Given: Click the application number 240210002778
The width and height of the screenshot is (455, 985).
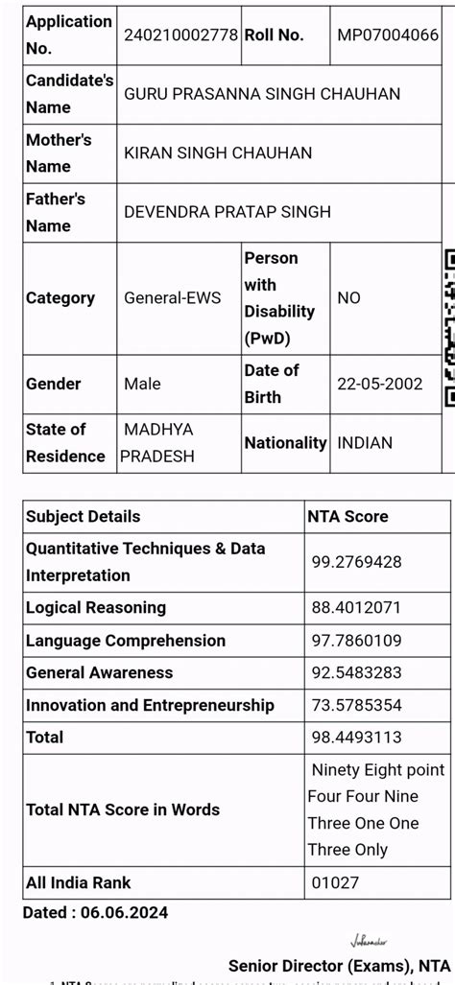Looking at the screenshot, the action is [180, 34].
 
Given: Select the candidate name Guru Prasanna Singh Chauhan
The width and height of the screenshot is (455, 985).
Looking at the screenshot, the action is [262, 94].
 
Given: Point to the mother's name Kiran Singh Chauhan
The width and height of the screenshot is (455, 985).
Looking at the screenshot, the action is [218, 153].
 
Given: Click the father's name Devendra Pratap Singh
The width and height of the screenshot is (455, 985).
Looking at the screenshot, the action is [227, 212].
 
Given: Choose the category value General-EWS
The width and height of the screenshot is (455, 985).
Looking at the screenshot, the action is [172, 298].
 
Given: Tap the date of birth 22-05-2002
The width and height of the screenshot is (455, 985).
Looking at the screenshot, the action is [380, 384].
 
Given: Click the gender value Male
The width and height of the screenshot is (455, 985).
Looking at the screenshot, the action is [143, 384].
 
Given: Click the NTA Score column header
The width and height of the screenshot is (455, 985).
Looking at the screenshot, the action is [347, 516].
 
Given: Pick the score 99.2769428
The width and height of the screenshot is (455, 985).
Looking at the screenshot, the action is [356, 562].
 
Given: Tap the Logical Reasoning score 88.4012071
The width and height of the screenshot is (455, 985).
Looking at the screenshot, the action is [356, 608].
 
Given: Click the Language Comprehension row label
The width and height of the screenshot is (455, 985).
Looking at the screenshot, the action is [126, 641].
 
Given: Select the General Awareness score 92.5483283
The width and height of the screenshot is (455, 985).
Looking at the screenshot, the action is [356, 673].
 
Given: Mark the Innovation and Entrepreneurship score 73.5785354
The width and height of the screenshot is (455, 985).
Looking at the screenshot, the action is [356, 706].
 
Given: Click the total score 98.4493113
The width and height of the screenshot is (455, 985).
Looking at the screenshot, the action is [356, 738].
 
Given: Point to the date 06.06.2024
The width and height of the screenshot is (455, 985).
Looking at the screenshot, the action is [126, 912].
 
